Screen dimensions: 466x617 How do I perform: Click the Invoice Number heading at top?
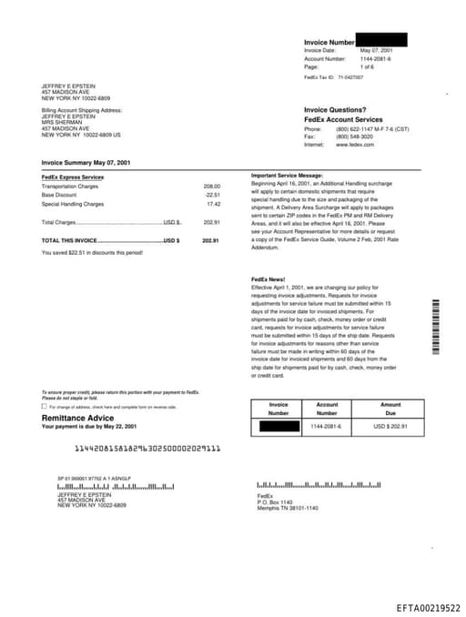329,42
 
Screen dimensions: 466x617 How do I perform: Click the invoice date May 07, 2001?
377,50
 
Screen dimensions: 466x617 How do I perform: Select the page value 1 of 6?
367,66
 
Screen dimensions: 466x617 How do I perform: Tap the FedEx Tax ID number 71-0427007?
350,78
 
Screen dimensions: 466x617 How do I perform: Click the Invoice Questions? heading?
335,110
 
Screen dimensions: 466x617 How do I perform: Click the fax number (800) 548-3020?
354,137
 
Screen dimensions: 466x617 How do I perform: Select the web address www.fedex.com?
355,145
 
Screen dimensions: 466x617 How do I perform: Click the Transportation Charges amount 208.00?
211,187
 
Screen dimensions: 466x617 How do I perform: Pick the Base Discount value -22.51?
212,195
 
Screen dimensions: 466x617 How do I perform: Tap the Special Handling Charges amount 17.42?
213,204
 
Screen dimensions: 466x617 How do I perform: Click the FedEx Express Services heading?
73,177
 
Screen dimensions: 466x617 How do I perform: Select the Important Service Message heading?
287,175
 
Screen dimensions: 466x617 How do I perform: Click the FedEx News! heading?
268,278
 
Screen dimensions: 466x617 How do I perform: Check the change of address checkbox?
44,406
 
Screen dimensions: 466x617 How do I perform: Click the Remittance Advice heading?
78,418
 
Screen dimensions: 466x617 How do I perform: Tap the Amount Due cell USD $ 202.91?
390,426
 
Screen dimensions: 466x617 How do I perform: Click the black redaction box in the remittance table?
279,426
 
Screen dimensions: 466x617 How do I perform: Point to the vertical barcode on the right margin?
435,328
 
